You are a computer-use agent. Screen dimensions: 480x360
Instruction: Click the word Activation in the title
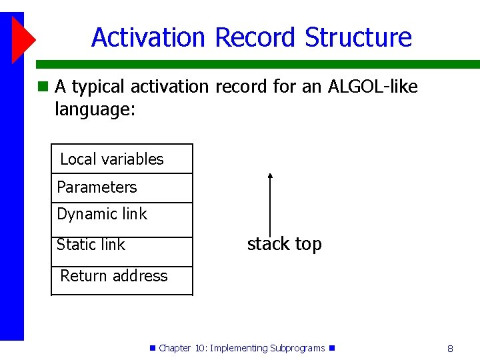pos(148,37)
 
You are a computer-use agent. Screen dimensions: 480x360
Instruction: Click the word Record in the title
pos(255,37)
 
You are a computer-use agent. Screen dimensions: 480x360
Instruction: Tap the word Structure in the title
pos(358,37)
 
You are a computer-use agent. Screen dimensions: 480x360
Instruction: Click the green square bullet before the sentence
pos(43,86)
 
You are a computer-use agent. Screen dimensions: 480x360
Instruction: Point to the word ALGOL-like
pos(373,86)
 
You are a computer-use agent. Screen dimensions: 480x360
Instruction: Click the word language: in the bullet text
pos(95,109)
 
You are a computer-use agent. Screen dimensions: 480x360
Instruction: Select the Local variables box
pos(122,159)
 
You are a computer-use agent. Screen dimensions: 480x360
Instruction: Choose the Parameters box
pos(122,188)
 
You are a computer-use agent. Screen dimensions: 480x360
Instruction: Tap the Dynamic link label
pos(102,214)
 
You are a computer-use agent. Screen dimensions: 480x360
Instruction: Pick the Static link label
pos(91,244)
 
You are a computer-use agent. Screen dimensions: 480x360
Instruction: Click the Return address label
pos(114,275)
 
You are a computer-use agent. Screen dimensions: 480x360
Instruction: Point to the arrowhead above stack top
pos(270,176)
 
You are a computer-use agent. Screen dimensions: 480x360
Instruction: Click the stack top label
pos(285,244)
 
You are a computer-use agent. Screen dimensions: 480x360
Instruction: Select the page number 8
pos(450,349)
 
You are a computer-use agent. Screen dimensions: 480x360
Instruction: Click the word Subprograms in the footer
pos(297,349)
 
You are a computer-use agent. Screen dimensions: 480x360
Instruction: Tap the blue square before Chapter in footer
pos(153,348)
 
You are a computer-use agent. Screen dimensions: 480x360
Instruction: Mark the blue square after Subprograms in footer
pos(332,348)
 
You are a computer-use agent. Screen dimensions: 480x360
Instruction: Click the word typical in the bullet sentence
pos(98,87)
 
